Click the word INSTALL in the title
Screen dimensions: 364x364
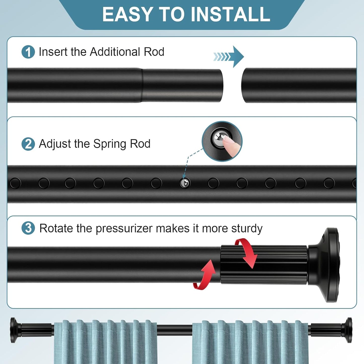[230, 14]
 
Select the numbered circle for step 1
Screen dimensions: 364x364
[28, 52]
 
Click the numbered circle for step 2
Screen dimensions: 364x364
[28, 144]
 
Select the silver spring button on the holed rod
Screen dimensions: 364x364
[185, 183]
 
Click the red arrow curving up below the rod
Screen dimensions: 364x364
[204, 276]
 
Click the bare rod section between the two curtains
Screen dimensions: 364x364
[174, 330]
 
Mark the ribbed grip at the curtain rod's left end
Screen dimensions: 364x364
[37, 330]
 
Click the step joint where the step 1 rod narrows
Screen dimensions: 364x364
[142, 85]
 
